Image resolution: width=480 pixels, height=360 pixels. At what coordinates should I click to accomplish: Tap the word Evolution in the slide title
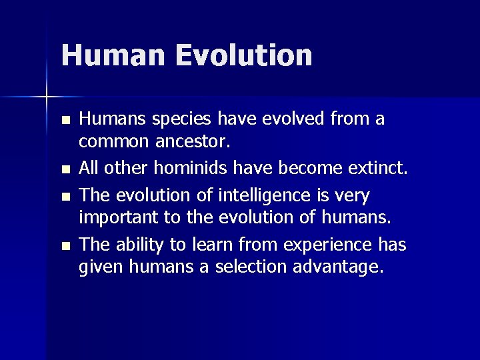244,55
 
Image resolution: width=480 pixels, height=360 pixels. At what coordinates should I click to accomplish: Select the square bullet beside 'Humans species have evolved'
65,121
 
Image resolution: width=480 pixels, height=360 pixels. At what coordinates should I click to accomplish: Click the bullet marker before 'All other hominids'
65,171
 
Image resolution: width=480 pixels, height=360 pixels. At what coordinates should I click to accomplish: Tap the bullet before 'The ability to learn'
65,247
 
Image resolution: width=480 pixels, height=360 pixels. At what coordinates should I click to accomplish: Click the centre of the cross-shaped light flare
47,97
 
